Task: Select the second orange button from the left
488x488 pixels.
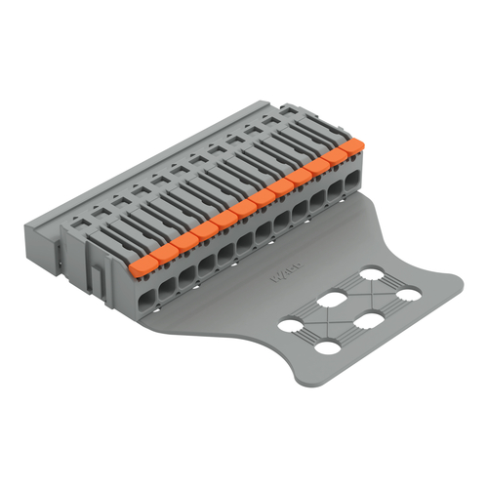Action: pyautogui.click(x=161, y=249)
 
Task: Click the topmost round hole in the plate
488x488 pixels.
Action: pyautogui.click(x=372, y=274)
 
